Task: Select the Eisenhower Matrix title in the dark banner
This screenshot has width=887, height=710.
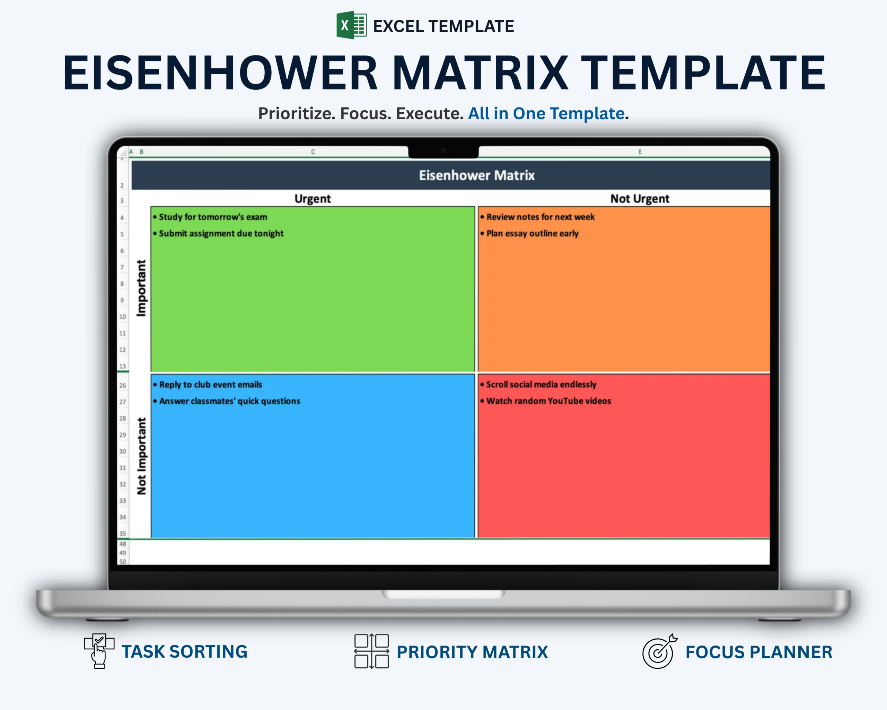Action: tap(477, 175)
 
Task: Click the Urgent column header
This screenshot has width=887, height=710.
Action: tap(313, 199)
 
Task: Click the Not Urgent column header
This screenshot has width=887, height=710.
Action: tap(640, 199)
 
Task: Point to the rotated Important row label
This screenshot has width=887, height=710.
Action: tap(141, 288)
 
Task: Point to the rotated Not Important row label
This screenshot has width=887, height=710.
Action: tap(141, 456)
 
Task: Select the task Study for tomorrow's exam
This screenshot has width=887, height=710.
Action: tap(213, 217)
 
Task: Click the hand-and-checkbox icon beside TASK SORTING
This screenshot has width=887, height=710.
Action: tap(99, 651)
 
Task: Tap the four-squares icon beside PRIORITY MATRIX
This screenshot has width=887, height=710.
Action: tap(371, 651)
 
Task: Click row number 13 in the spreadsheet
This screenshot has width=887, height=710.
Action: tap(122, 366)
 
